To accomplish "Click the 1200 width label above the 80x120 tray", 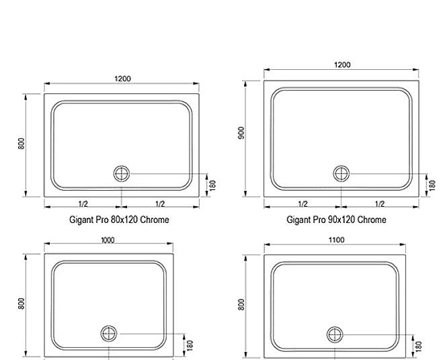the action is pos(122,79).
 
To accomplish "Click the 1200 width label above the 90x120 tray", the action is pos(342,65).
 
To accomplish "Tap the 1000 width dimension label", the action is pos(108,240).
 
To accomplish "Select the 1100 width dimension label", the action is pos(336,240).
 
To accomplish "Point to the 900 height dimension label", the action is pos(241,133).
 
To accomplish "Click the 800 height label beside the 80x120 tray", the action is pos(22,144).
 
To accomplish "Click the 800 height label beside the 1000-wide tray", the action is pos(22,304).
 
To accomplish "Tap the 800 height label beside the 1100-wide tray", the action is pos(241,305).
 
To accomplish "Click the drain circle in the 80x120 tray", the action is pos(122,173).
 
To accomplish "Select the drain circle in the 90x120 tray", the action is pos(341,173).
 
